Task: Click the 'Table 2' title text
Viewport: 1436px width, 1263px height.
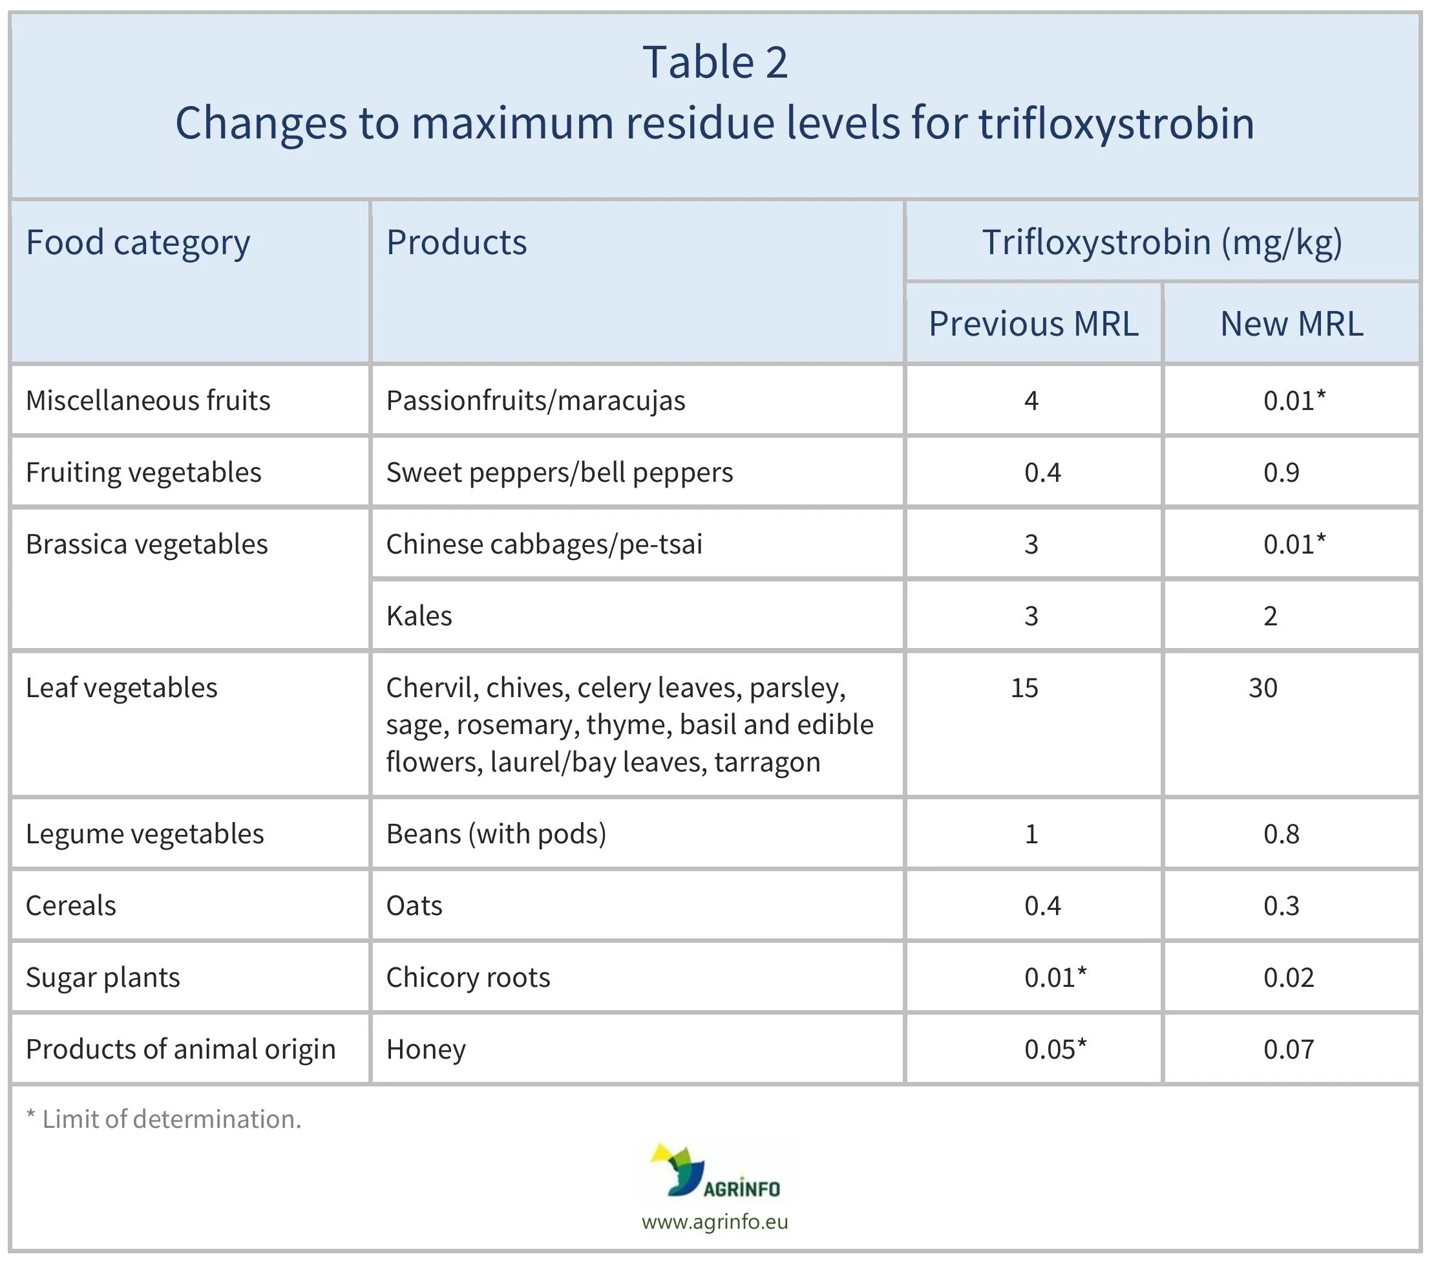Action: pyautogui.click(x=715, y=62)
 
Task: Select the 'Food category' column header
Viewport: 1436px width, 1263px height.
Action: pyautogui.click(x=138, y=243)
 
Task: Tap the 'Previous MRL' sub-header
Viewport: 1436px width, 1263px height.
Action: pyautogui.click(x=1033, y=324)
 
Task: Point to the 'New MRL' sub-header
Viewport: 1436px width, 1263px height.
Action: pyautogui.click(x=1291, y=324)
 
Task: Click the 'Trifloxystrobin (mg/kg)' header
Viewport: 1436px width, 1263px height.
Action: pyautogui.click(x=1162, y=243)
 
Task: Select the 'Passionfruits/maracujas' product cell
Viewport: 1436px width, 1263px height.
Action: pyautogui.click(x=535, y=400)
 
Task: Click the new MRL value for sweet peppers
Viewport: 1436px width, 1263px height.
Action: pyautogui.click(x=1282, y=472)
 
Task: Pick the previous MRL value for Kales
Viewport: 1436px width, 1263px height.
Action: pyautogui.click(x=1031, y=616)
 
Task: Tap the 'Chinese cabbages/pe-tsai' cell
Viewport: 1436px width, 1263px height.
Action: pyautogui.click(x=544, y=544)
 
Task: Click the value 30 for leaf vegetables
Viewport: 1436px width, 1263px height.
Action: pyautogui.click(x=1262, y=687)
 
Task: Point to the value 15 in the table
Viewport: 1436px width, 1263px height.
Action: pyautogui.click(x=1024, y=687)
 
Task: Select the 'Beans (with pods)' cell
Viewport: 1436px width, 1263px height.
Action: pyautogui.click(x=496, y=834)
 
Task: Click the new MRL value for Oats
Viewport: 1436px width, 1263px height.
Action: pyautogui.click(x=1282, y=905)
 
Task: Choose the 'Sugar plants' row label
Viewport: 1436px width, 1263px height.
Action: pyautogui.click(x=103, y=977)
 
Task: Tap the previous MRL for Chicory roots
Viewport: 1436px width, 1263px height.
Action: pyautogui.click(x=1055, y=977)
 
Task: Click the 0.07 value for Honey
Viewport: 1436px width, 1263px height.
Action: pyautogui.click(x=1289, y=1049)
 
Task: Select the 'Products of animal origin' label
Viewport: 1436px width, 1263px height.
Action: pyautogui.click(x=180, y=1049)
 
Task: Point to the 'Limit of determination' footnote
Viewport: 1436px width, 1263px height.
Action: pyautogui.click(x=164, y=1119)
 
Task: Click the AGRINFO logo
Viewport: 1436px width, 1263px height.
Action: pyautogui.click(x=715, y=1172)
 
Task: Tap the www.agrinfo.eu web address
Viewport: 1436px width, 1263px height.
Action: pyautogui.click(x=715, y=1222)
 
